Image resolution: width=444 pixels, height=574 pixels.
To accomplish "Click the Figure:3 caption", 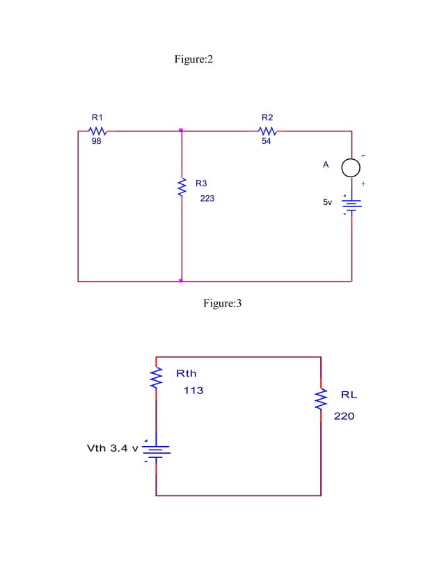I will (222, 303).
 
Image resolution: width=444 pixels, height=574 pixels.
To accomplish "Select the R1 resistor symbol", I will (97, 131).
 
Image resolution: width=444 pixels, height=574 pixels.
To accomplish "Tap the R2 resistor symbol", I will (267, 131).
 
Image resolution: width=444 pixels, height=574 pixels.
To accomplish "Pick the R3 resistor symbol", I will (181, 187).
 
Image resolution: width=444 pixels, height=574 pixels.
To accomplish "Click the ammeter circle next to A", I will (351, 167).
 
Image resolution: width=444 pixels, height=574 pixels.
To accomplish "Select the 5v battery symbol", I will (351, 204).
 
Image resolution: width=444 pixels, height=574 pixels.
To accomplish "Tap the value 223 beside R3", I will (207, 199).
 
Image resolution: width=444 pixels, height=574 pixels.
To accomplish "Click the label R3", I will (201, 183).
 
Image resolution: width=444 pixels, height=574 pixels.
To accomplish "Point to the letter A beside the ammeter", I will (325, 165).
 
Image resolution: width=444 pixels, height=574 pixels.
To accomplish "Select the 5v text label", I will (327, 203).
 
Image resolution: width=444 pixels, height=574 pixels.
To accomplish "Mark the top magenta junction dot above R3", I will (181, 130).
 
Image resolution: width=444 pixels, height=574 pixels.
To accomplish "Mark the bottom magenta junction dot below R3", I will (181, 281).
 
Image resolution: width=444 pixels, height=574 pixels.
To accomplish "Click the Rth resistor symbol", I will (156, 378).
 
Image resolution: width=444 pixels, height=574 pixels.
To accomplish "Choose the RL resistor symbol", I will (321, 399).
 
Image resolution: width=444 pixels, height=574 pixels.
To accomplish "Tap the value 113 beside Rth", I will (193, 391).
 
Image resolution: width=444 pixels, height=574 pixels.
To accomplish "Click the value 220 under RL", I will (344, 417).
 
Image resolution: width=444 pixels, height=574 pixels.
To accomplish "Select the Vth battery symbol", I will (156, 452).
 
